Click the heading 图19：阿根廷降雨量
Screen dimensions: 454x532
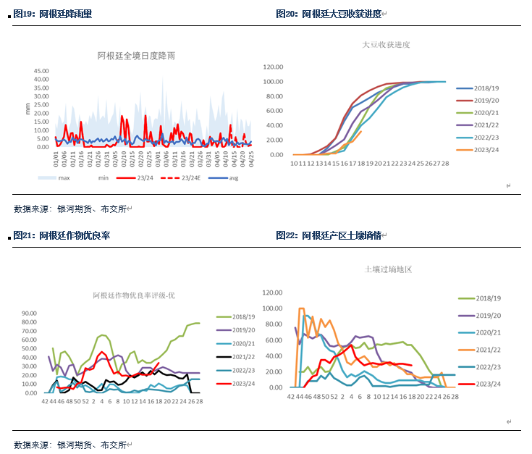pos(55,14)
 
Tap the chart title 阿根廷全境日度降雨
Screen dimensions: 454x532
pos(137,55)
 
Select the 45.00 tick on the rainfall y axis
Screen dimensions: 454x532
pos(41,71)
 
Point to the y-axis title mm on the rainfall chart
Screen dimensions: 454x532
pos(28,109)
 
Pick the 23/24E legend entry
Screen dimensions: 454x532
pos(190,177)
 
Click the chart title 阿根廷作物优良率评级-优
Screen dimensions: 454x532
pos(134,295)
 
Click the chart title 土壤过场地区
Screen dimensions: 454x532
pos(388,269)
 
